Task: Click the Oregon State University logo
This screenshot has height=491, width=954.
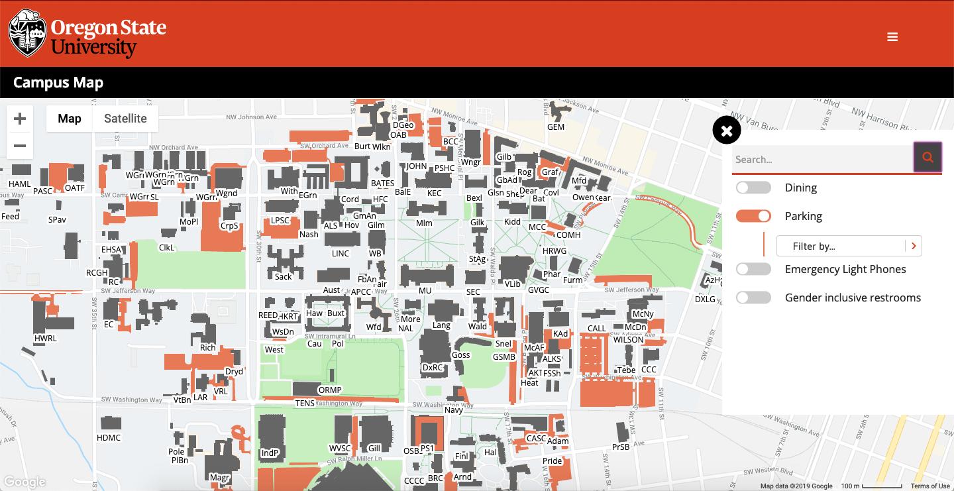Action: [x=87, y=34]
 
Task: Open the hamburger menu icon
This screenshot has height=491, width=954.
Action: [x=892, y=37]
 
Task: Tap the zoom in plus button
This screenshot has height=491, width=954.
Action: [x=20, y=119]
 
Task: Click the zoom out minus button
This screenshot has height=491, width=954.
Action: [x=20, y=146]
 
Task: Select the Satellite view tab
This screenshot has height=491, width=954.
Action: [x=125, y=119]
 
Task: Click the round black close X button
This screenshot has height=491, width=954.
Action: [x=727, y=131]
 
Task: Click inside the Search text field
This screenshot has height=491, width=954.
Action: [x=821, y=160]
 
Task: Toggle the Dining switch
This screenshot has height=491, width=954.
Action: [x=754, y=188]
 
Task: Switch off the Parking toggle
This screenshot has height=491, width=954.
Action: [x=754, y=217]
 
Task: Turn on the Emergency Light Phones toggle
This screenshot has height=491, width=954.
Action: [x=754, y=269]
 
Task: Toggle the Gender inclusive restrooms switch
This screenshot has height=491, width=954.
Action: [x=754, y=298]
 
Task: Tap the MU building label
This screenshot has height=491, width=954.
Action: [x=425, y=290]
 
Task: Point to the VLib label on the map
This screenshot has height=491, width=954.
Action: [x=513, y=284]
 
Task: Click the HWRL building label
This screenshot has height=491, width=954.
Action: [x=46, y=339]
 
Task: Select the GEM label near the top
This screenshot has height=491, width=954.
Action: [x=556, y=127]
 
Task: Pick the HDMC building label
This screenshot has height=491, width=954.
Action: [x=109, y=438]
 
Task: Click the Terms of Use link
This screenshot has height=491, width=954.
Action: [x=930, y=486]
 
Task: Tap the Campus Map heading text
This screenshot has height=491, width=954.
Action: [x=58, y=83]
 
